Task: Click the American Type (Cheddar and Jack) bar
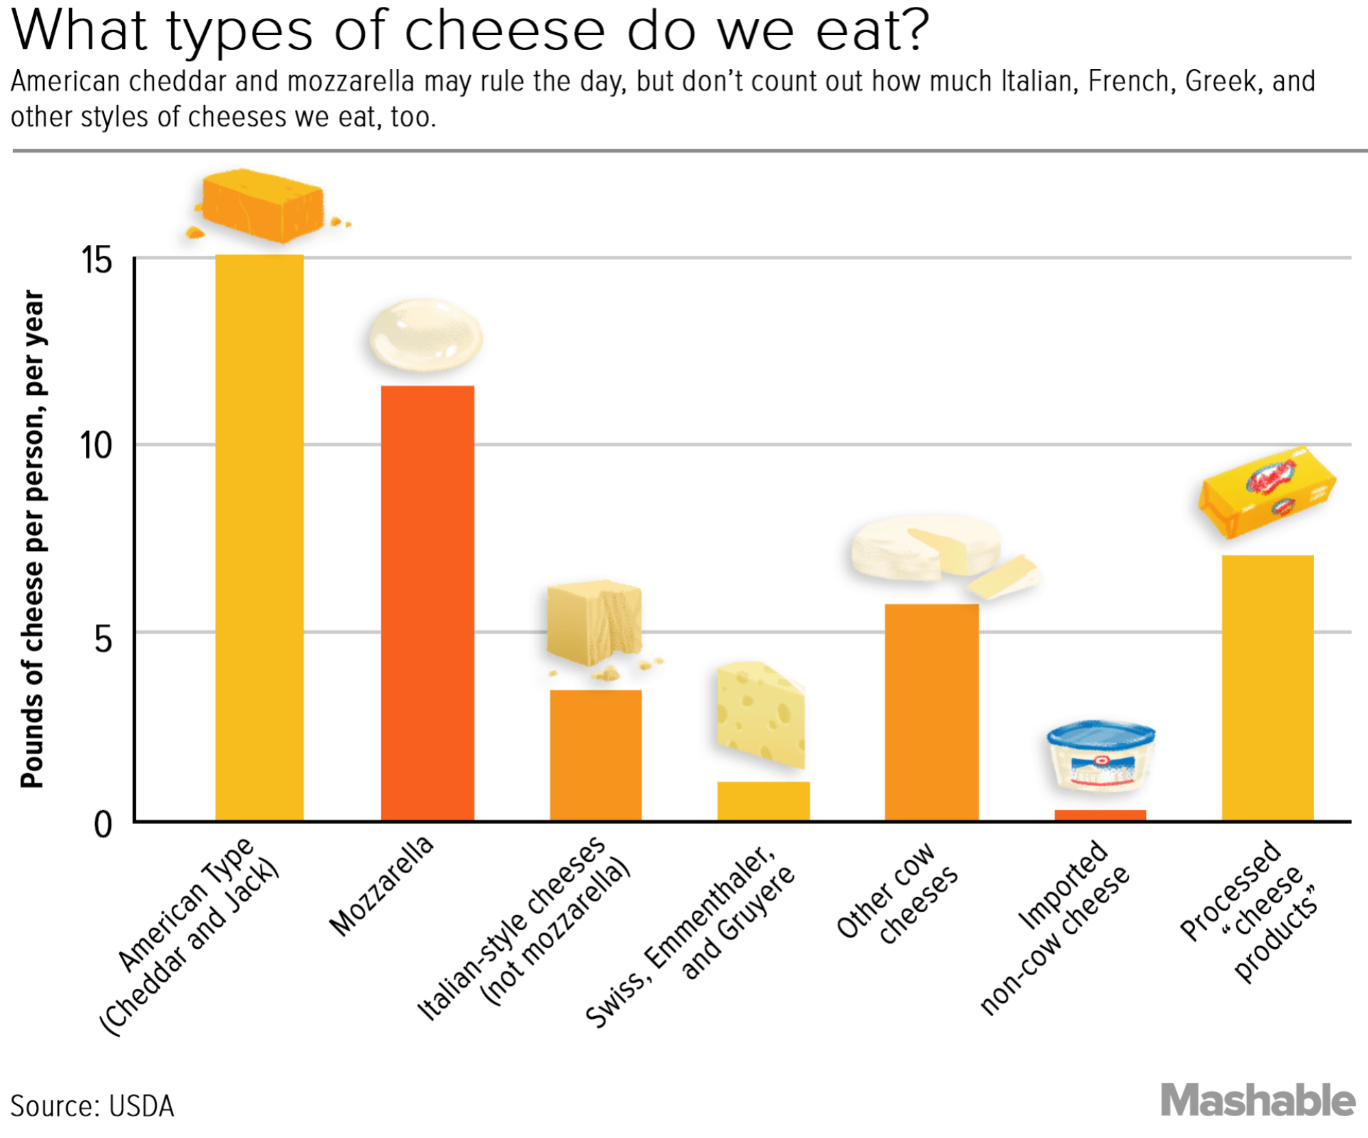point(259,537)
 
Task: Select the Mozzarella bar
point(427,602)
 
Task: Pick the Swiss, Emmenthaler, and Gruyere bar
point(763,800)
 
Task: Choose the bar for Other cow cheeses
point(931,712)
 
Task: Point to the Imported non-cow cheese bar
point(1100,814)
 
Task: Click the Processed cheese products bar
point(1267,687)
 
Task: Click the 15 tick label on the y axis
point(96,261)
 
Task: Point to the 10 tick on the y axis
point(96,446)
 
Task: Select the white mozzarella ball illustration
point(426,336)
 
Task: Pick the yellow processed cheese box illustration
point(1266,491)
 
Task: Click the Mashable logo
point(1258,1100)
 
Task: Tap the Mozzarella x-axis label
point(381,885)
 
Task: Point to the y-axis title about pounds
point(32,539)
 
